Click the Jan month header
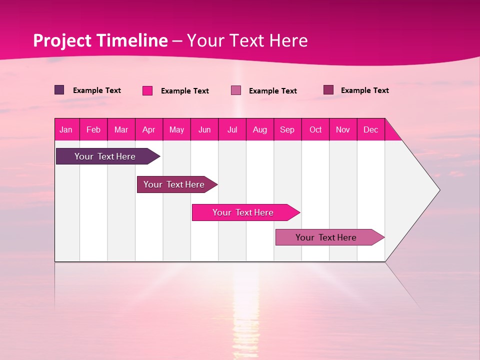66,129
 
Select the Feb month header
93,129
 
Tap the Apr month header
149,129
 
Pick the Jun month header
204,129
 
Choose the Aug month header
260,129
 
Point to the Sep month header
287,129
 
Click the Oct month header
315,129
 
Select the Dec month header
371,129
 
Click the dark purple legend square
59,90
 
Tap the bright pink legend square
147,90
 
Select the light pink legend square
236,90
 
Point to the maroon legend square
328,90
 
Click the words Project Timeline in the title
100,40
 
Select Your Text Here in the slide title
247,40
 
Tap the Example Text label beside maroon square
365,90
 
